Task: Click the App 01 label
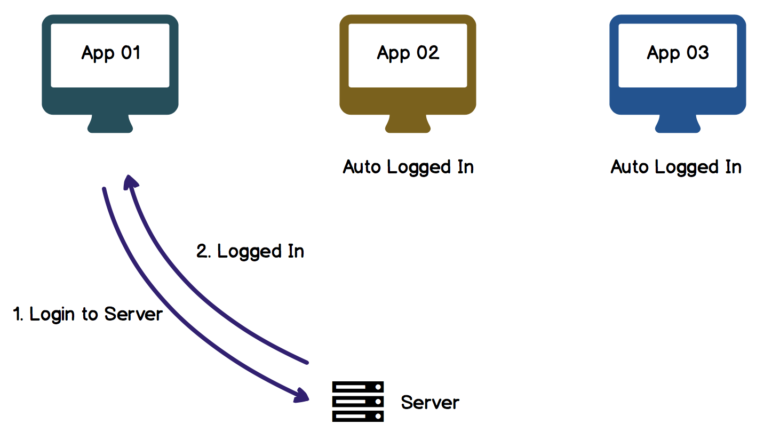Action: (x=111, y=53)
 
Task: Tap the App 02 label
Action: (x=408, y=53)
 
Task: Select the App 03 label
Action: (x=678, y=53)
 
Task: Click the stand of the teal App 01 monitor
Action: (x=110, y=124)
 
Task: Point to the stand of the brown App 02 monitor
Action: (x=408, y=124)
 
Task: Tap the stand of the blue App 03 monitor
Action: (x=678, y=124)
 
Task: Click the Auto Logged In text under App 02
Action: (x=408, y=167)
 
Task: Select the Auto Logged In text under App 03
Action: (x=676, y=167)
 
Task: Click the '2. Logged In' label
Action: (x=250, y=252)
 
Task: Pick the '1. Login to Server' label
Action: (x=87, y=314)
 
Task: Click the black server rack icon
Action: (x=358, y=402)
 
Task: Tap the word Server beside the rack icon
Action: (x=430, y=403)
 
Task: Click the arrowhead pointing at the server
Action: (x=301, y=395)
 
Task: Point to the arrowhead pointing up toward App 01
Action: (x=130, y=182)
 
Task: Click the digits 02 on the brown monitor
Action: (x=428, y=53)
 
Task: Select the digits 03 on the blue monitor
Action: (x=698, y=53)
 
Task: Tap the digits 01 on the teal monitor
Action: (x=131, y=53)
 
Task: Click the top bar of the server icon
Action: (x=358, y=387)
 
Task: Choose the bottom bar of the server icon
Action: (x=358, y=416)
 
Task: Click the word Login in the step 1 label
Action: (x=52, y=314)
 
